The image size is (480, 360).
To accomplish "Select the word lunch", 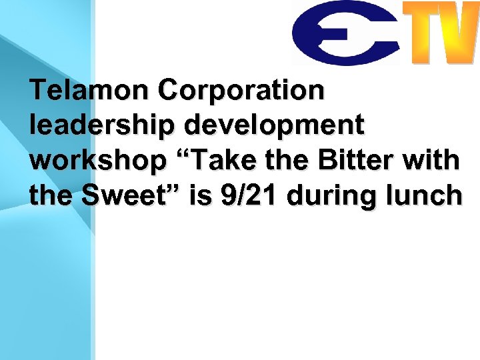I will tap(427, 195).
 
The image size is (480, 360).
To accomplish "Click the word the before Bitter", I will tap(293, 160).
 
